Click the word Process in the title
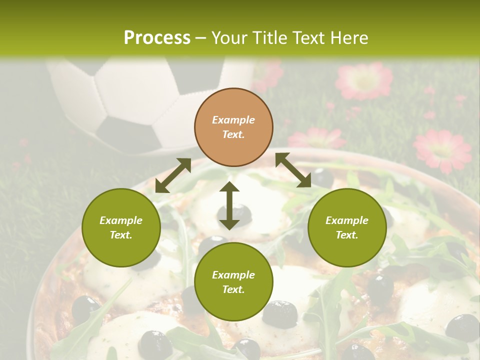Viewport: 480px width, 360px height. click(x=157, y=37)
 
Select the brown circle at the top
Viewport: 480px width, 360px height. click(x=233, y=127)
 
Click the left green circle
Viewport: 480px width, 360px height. click(x=121, y=227)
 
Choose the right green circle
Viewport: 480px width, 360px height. click(x=347, y=227)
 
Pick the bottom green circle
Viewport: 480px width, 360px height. click(x=233, y=282)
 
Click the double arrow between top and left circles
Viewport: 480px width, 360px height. click(x=173, y=175)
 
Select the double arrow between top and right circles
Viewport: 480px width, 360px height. click(x=293, y=170)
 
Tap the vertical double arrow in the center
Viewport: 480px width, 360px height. click(x=229, y=205)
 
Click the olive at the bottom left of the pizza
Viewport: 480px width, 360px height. click(x=85, y=307)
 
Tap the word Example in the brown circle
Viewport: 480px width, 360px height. click(x=233, y=120)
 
